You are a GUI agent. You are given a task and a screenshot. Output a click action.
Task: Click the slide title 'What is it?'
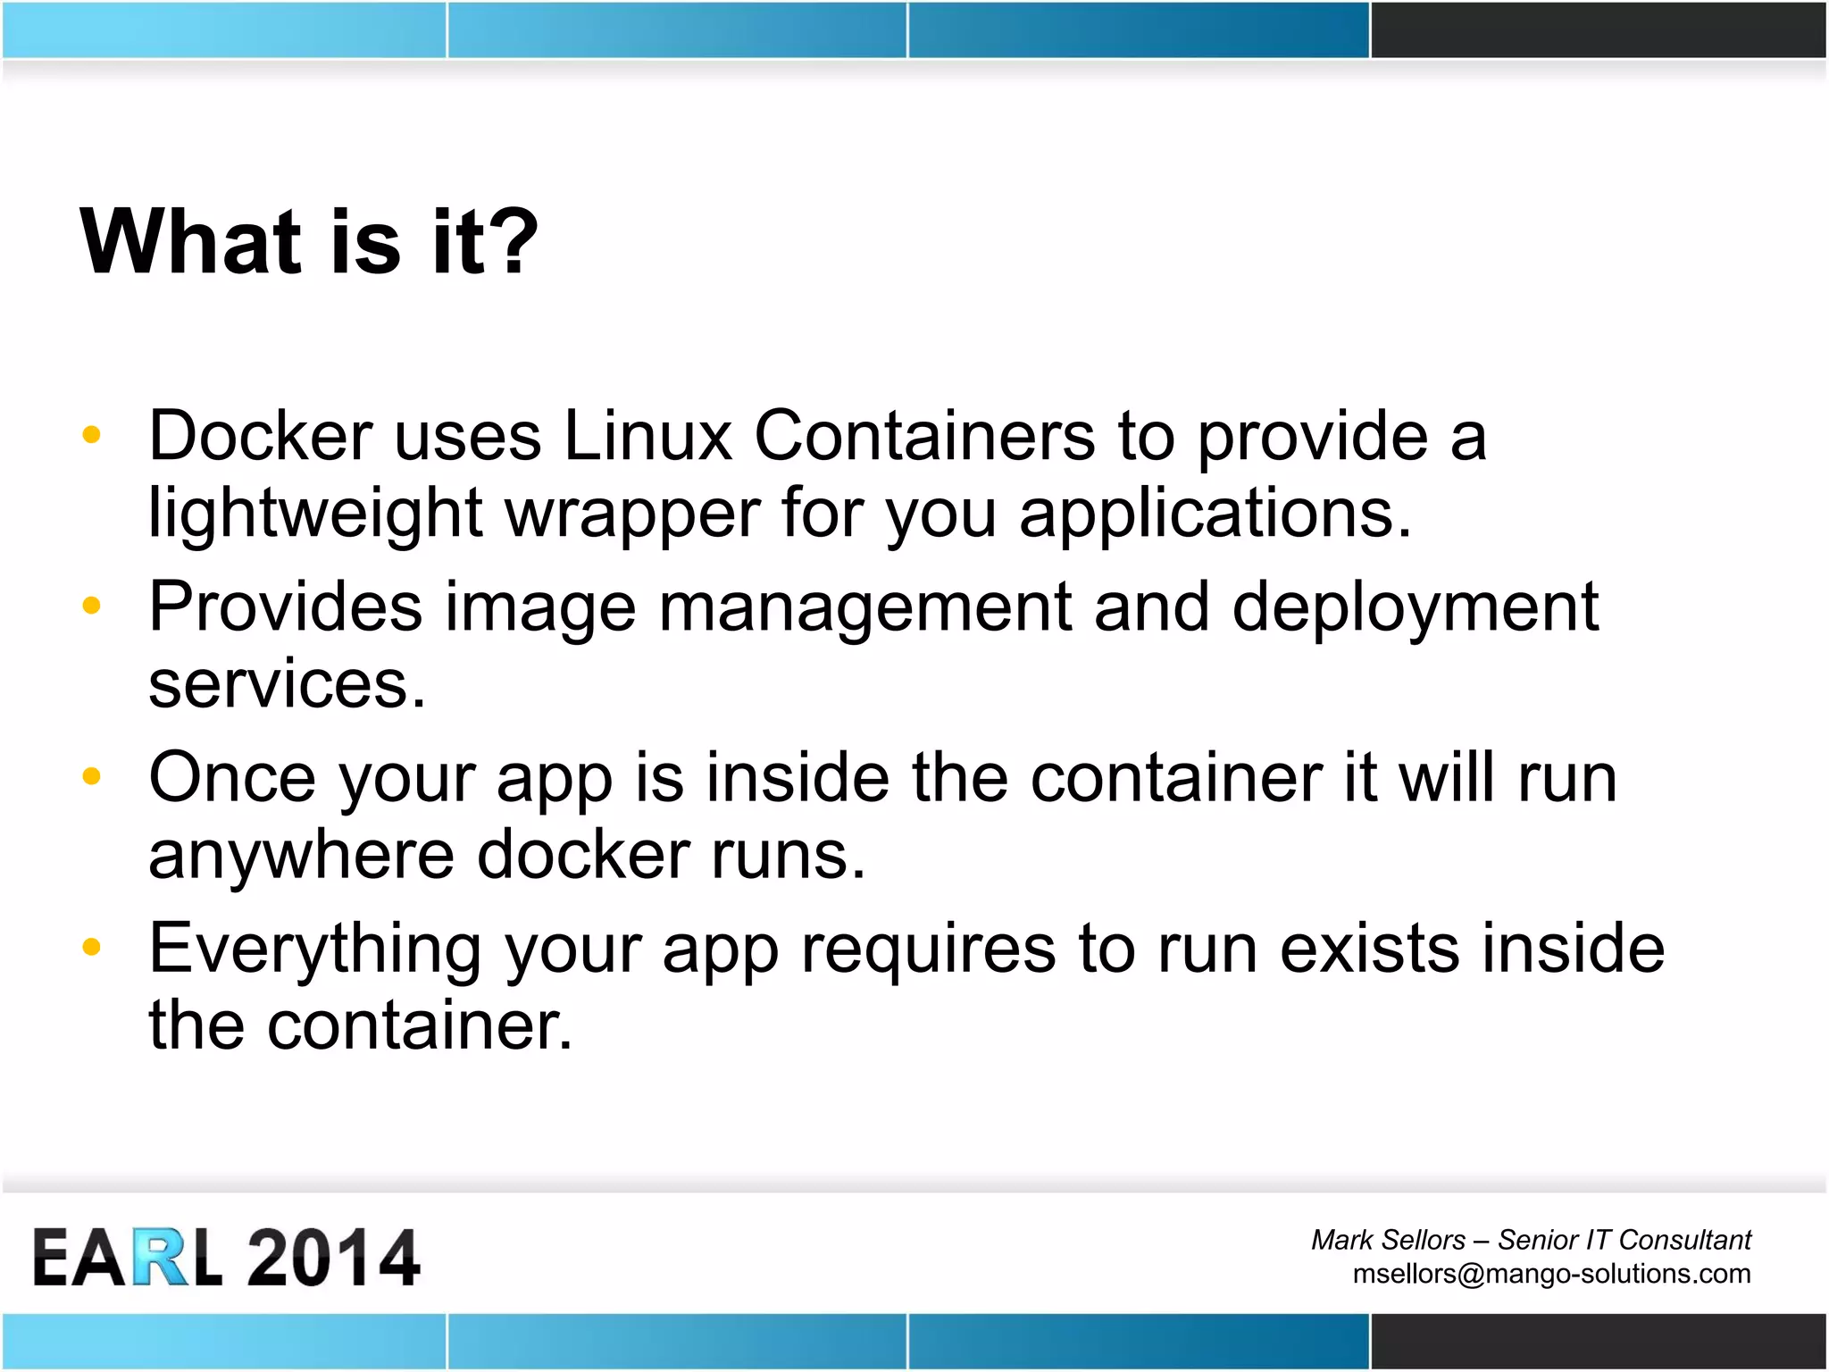click(309, 241)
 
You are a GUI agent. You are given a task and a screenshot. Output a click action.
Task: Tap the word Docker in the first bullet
click(260, 437)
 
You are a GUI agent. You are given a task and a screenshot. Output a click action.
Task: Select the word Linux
click(647, 437)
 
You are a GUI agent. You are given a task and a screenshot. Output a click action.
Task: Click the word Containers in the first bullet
click(924, 437)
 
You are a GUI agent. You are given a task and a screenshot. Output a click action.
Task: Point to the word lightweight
click(315, 515)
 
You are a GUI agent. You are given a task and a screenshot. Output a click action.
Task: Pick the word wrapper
click(633, 515)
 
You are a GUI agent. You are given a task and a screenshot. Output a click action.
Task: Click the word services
click(287, 685)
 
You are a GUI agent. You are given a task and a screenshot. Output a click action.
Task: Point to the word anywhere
click(301, 856)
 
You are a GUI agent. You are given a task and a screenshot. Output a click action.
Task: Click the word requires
click(928, 949)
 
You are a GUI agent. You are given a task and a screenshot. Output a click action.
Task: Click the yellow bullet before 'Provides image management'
click(91, 606)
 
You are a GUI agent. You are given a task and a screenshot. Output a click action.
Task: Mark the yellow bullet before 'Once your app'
click(91, 776)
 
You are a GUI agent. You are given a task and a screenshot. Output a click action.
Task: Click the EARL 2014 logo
click(226, 1258)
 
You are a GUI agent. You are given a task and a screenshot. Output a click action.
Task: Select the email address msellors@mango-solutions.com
click(1551, 1274)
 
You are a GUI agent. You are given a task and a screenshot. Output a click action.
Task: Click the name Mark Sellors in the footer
click(1388, 1240)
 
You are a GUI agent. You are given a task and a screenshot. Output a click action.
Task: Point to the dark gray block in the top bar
click(1599, 29)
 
